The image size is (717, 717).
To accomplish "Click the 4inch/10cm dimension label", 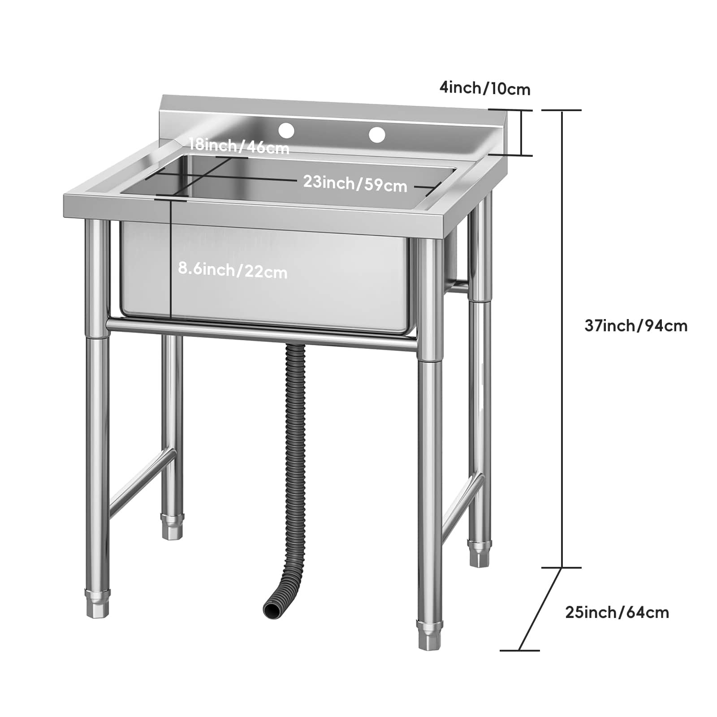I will (484, 88).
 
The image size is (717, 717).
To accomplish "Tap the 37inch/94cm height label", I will (635, 325).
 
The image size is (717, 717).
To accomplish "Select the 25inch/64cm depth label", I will (617, 612).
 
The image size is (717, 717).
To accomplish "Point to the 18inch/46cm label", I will (239, 146).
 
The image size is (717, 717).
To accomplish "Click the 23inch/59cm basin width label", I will (355, 183).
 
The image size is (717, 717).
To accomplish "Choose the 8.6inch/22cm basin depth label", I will (233, 271).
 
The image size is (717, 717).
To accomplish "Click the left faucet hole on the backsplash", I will (286, 130).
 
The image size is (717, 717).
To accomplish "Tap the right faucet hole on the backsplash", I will (377, 134).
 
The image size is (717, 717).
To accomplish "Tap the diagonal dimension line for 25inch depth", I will (540, 609).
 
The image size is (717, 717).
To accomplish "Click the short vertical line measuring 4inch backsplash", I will (521, 133).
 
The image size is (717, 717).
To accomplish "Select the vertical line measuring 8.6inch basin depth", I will (171, 260).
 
